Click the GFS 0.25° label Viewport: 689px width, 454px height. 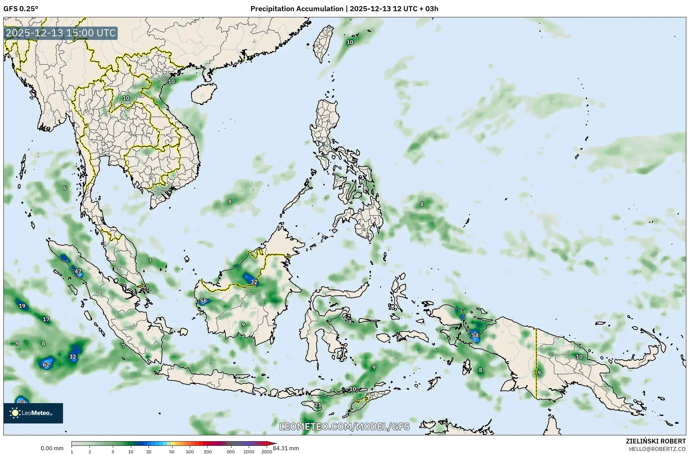click(x=21, y=9)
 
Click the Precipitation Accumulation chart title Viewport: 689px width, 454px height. click(x=344, y=9)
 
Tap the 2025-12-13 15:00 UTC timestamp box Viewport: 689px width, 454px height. click(x=61, y=33)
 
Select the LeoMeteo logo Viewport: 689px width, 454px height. click(x=33, y=413)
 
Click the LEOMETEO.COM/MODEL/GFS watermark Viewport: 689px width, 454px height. click(x=344, y=427)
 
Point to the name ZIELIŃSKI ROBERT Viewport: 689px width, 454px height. click(x=655, y=441)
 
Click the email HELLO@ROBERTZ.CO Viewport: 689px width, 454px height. click(x=657, y=449)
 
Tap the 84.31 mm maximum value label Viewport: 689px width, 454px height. click(x=286, y=448)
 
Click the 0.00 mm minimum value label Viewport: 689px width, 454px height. click(x=52, y=448)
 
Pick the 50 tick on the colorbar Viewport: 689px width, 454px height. click(x=172, y=452)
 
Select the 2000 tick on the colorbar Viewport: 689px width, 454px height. click(x=267, y=452)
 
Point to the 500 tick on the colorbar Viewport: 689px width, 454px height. click(x=231, y=452)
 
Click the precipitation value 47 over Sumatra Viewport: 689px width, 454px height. click(x=78, y=271)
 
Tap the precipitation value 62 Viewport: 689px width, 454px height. click(x=46, y=365)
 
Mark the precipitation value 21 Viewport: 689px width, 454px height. click(x=318, y=405)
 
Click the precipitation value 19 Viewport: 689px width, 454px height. click(x=22, y=306)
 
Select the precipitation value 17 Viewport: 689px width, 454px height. click(x=46, y=319)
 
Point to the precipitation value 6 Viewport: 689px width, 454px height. click(x=65, y=188)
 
